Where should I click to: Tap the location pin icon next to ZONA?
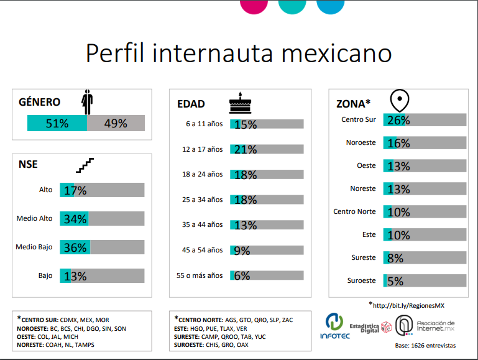click(x=399, y=100)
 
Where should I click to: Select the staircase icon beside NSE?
click(x=85, y=165)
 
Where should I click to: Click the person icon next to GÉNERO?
click(x=88, y=102)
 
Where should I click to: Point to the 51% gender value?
click(x=57, y=123)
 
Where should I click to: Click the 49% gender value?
click(x=116, y=123)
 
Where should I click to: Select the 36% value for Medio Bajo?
click(x=75, y=247)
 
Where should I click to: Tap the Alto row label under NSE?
click(x=46, y=190)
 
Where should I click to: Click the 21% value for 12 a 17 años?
click(x=246, y=149)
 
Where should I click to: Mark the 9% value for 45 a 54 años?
click(x=242, y=251)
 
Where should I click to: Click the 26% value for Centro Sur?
click(x=398, y=120)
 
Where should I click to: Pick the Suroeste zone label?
click(x=362, y=280)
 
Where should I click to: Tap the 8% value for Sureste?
click(x=395, y=258)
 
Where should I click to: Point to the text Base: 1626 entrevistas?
click(x=425, y=345)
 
